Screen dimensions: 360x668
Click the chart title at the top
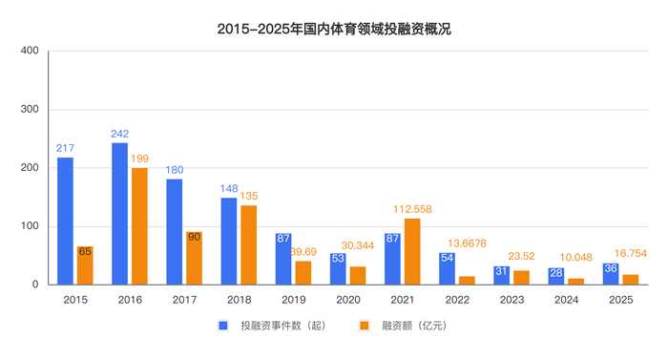[334, 30]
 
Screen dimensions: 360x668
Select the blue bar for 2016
[119, 214]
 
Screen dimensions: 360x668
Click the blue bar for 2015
[65, 221]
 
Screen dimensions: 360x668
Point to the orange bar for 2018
[248, 244]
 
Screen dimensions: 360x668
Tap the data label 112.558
[412, 210]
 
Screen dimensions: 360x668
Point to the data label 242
[119, 134]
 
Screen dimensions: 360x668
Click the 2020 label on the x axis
[347, 299]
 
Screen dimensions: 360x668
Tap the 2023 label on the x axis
[511, 299]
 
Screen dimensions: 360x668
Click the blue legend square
[223, 326]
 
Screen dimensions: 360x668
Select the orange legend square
[364, 326]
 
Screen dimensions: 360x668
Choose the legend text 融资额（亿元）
[414, 326]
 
